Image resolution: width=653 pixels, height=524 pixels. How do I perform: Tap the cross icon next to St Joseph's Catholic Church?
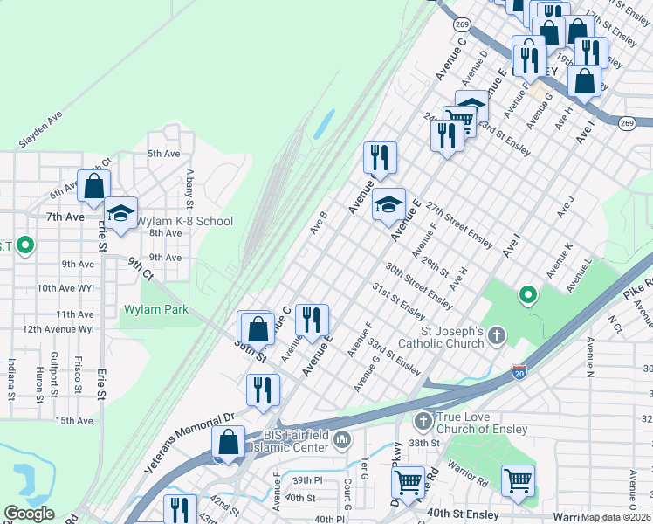click(x=497, y=335)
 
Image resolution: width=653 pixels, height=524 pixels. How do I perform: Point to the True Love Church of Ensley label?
click(x=478, y=423)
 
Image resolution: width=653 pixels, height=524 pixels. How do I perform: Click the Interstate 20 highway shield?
click(x=519, y=373)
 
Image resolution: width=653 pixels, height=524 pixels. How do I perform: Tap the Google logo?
click(x=30, y=514)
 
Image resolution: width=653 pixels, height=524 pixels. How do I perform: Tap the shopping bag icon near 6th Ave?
click(x=93, y=186)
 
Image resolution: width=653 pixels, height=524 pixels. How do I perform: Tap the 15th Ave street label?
click(x=74, y=421)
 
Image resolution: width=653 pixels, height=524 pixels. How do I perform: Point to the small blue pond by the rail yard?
click(x=322, y=125)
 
